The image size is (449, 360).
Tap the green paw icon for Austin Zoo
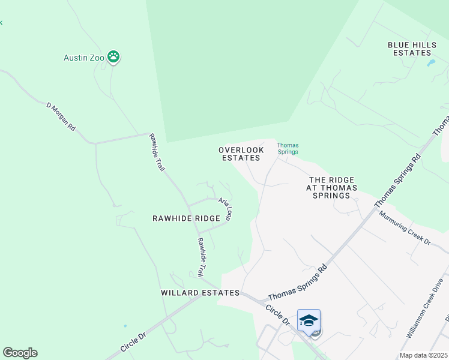pyautogui.click(x=113, y=58)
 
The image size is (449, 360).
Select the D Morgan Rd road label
pyautogui.click(x=61, y=116)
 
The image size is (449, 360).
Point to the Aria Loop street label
pyautogui.click(x=225, y=209)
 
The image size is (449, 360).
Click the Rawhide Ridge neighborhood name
pyautogui.click(x=186, y=219)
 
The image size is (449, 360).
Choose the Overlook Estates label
pyautogui.click(x=241, y=154)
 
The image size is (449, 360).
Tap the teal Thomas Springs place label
pyautogui.click(x=288, y=148)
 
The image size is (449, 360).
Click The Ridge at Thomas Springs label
pyautogui.click(x=331, y=188)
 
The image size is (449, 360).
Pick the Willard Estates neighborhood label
pyautogui.click(x=200, y=293)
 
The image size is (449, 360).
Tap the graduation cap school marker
pyautogui.click(x=309, y=320)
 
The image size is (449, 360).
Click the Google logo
pyautogui.click(x=20, y=353)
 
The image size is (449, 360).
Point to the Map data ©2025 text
pyautogui.click(x=423, y=355)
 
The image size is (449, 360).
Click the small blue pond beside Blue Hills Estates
pyautogui.click(x=430, y=62)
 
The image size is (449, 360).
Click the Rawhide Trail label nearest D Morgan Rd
pyautogui.click(x=157, y=152)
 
